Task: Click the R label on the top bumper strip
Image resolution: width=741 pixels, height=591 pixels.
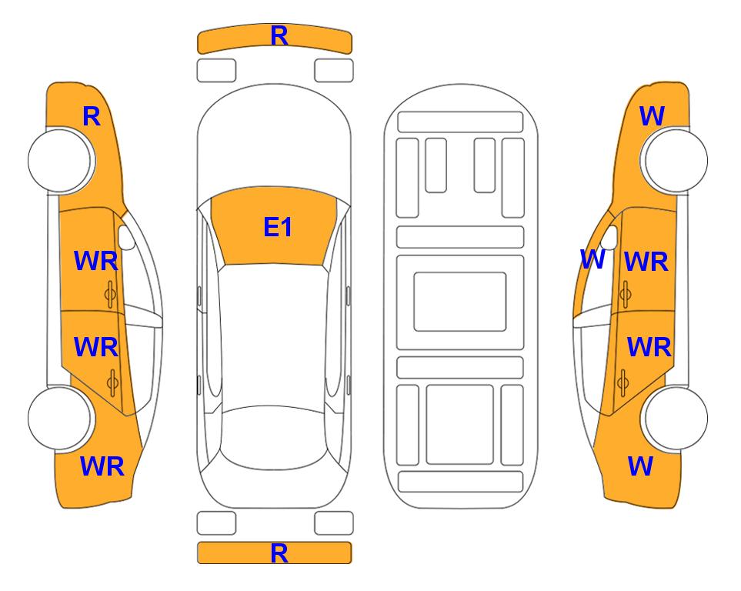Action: click(x=279, y=36)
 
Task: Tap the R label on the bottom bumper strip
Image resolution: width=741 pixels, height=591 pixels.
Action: click(x=279, y=553)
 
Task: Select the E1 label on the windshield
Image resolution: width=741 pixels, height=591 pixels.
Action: click(x=278, y=227)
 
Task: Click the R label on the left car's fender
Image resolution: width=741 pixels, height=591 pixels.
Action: click(x=92, y=116)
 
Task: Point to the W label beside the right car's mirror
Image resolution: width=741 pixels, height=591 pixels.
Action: click(x=592, y=259)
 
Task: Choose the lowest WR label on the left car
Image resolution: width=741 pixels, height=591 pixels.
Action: click(x=102, y=466)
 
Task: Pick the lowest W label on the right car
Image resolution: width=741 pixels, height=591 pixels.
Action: click(x=640, y=466)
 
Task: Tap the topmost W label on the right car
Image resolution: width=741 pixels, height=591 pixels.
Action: click(x=653, y=116)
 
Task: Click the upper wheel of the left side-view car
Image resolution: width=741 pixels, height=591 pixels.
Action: click(x=60, y=161)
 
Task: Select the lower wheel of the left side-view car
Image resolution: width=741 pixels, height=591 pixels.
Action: click(x=60, y=418)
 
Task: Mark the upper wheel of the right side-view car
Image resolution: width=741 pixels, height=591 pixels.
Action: click(x=676, y=160)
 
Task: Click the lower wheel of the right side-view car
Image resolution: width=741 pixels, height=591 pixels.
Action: click(x=676, y=418)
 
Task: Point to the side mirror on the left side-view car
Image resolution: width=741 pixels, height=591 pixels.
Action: click(x=126, y=237)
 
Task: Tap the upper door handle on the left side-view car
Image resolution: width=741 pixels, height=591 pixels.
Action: click(x=110, y=294)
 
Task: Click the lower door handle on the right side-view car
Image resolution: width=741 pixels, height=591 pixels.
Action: click(x=623, y=383)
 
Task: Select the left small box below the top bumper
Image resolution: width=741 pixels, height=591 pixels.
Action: click(x=216, y=71)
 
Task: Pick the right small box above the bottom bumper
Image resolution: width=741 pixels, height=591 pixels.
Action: click(x=334, y=523)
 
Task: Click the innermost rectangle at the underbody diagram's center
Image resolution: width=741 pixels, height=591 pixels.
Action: click(x=460, y=302)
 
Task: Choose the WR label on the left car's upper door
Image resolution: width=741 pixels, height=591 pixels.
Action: click(x=96, y=262)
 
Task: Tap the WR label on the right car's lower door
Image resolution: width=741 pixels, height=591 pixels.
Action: click(x=649, y=348)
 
